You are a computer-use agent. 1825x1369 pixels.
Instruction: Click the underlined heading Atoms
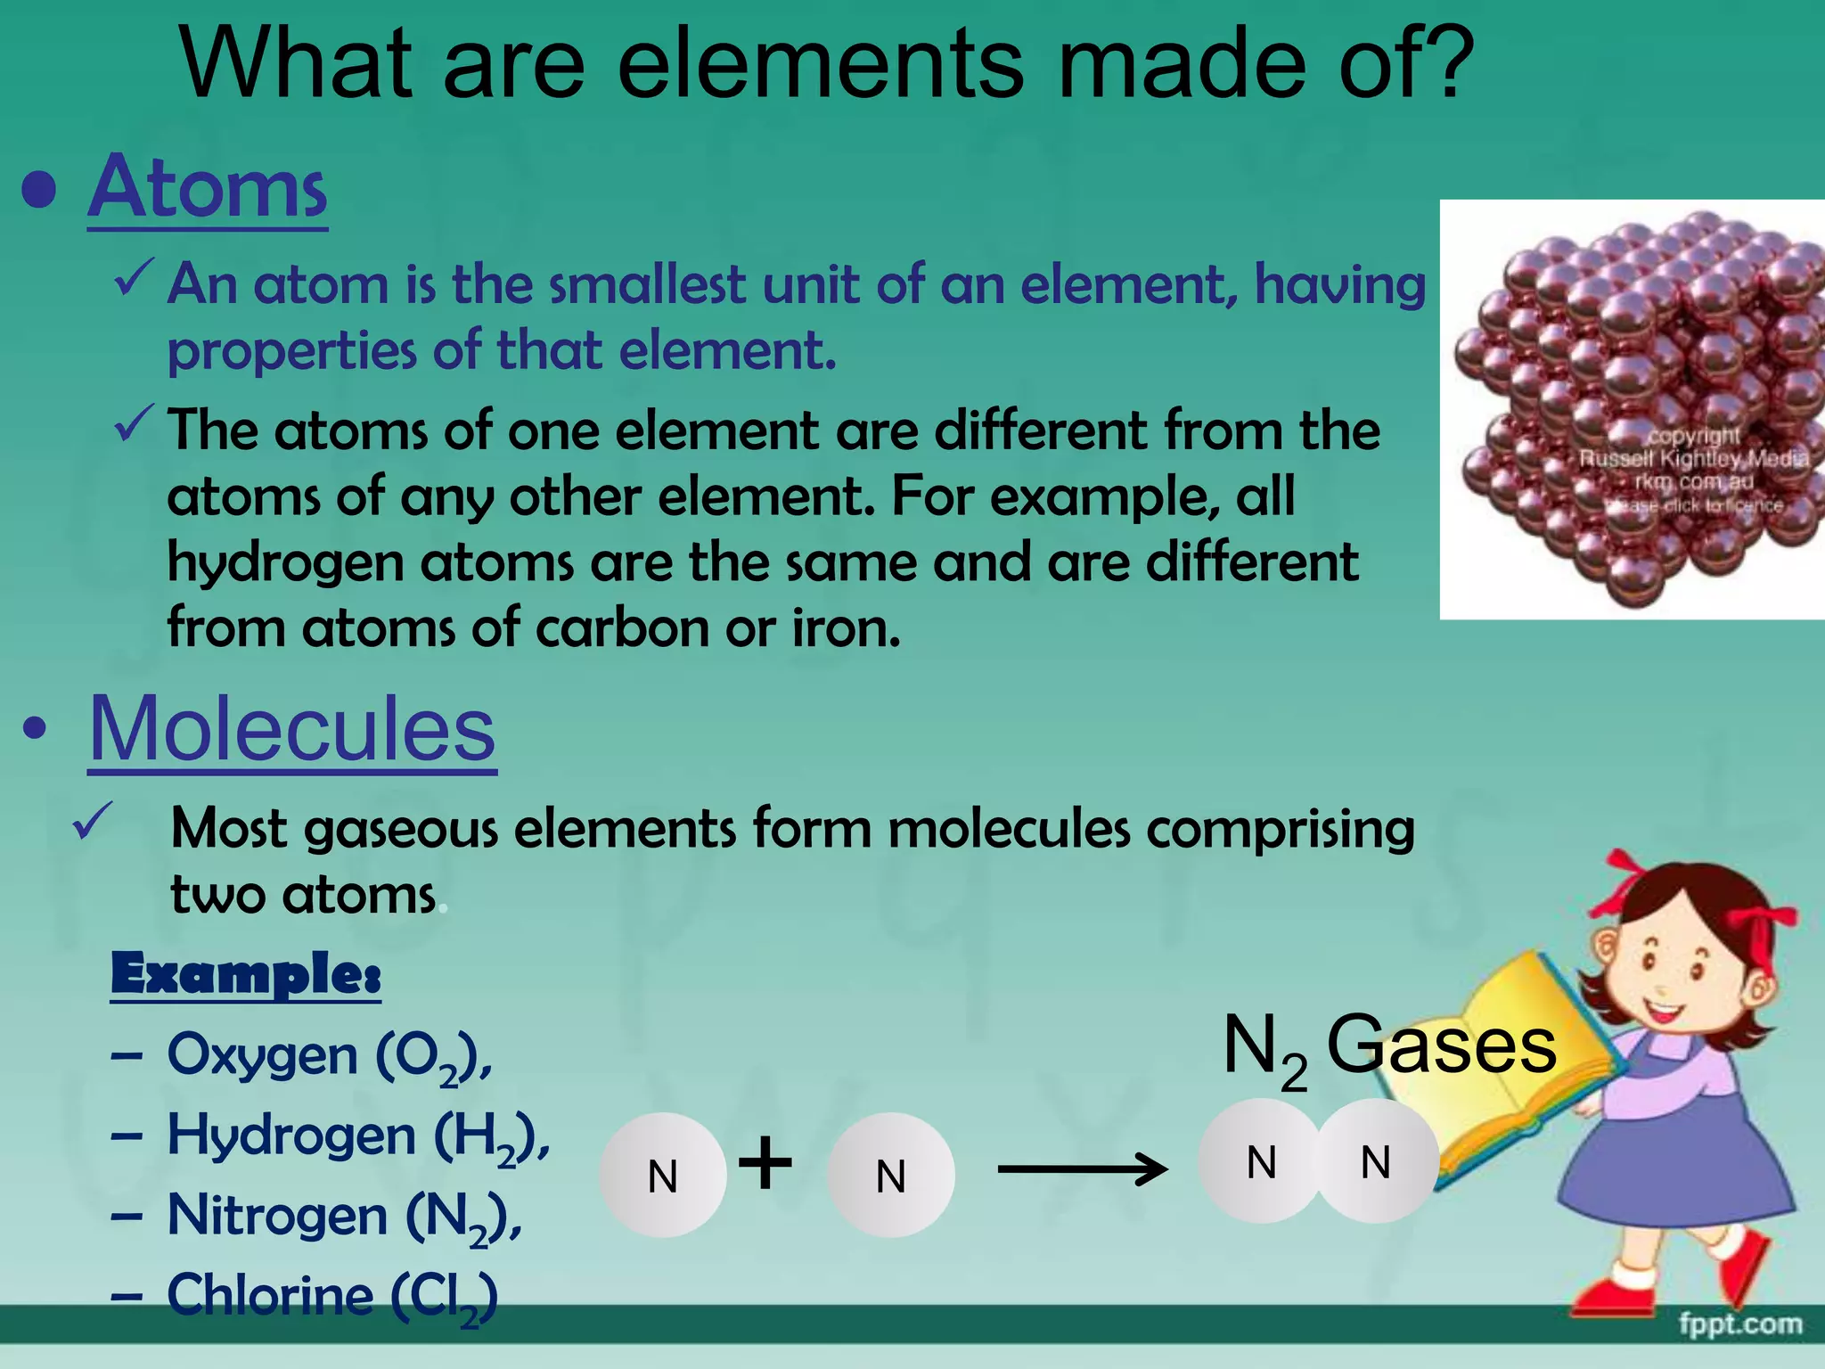[208, 188]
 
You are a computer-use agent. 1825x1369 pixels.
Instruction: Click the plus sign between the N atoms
[765, 1162]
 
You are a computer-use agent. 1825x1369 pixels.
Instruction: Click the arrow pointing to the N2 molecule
[1082, 1168]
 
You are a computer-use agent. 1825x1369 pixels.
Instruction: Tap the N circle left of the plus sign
[663, 1176]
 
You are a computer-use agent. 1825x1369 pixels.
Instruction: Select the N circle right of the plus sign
[891, 1176]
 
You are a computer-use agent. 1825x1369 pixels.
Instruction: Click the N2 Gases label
[1388, 1048]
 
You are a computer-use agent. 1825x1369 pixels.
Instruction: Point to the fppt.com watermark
[1740, 1324]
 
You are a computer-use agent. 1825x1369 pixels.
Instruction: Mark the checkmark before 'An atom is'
[135, 278]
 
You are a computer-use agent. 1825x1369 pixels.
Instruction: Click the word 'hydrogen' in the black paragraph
[285, 564]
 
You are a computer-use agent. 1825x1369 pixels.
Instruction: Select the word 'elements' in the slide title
[820, 64]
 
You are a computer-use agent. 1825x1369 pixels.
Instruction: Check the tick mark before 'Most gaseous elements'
[93, 821]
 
